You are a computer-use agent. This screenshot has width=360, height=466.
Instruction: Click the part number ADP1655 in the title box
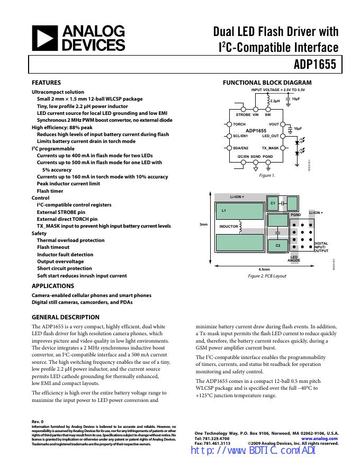pos(315,65)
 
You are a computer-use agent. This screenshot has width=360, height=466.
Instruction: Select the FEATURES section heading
pos(47,83)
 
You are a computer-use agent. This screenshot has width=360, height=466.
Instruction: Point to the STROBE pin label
pos(243,114)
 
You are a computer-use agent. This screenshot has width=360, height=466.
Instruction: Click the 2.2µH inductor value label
pos(275,101)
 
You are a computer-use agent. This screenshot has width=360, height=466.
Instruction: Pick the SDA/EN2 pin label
pos(240,148)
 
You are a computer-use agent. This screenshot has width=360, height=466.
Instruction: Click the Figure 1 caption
pos(266,175)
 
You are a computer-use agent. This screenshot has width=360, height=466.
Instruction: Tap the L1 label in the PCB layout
pos(223,211)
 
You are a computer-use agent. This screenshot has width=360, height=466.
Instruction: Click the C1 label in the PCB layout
pos(273,203)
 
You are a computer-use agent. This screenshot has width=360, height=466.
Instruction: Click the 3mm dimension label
pos(203,225)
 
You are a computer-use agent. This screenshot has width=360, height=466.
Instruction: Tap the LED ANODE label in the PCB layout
pos(294,259)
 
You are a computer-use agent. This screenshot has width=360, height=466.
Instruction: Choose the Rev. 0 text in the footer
pos(38,421)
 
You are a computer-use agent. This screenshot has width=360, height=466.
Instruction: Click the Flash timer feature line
pos(50,191)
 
